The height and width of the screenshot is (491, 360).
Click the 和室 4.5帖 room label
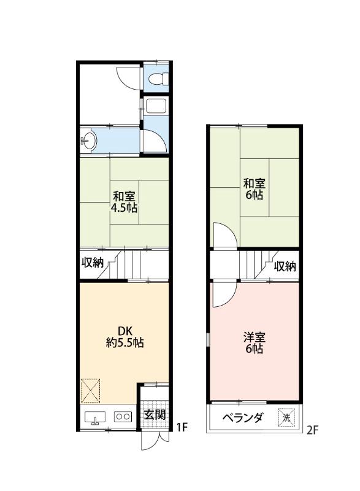tap(124, 202)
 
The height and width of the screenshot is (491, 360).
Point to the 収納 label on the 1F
tap(93, 263)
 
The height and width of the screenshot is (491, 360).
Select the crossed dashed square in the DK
tap(91, 389)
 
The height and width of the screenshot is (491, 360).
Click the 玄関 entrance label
tap(154, 415)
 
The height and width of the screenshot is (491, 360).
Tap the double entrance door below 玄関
tap(153, 439)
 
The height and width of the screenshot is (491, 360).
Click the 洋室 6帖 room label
tap(254, 342)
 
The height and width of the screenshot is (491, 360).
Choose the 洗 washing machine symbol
tap(286, 418)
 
